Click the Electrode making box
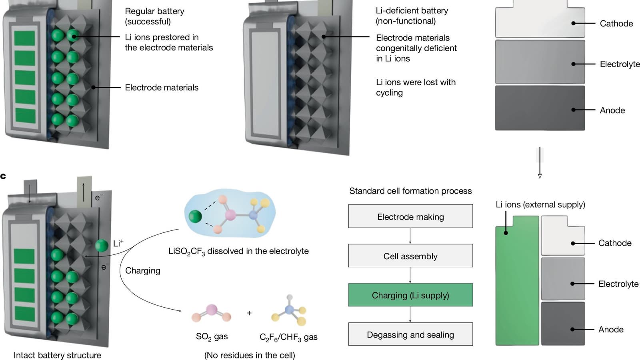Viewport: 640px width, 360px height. (x=410, y=216)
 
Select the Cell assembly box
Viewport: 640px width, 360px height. (x=410, y=256)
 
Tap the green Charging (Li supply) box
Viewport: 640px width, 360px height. (x=410, y=295)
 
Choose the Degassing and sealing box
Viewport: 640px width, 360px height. (x=410, y=334)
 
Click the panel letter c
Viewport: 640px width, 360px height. (x=3, y=176)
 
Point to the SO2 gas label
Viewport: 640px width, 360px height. (x=212, y=337)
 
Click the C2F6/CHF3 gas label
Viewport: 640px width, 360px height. (x=288, y=337)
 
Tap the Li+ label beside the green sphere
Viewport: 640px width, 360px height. (x=118, y=243)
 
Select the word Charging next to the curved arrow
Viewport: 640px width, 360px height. (x=142, y=271)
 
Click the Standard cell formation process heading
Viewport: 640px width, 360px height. (x=410, y=191)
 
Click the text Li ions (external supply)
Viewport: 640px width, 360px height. (x=540, y=205)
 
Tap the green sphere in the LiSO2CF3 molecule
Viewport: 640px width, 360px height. (x=195, y=216)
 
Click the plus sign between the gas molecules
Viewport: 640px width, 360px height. (x=249, y=313)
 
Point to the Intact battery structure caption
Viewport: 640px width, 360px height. (x=57, y=355)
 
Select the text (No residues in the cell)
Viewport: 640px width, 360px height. (x=250, y=355)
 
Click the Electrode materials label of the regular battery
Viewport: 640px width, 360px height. (x=162, y=88)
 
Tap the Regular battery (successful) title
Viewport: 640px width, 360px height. (x=154, y=16)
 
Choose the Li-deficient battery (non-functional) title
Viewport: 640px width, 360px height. (x=412, y=16)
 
